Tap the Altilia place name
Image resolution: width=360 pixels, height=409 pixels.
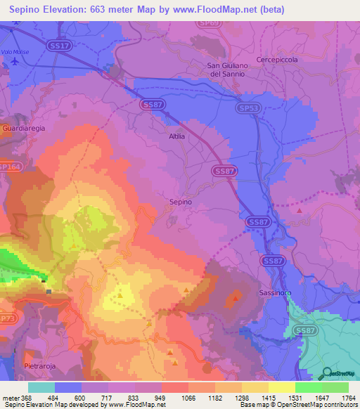176,136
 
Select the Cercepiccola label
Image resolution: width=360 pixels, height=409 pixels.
277,60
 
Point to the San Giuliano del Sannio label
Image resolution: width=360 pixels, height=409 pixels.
226,70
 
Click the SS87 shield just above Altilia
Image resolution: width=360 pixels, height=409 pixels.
153,104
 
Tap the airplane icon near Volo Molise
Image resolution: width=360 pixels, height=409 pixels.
15,61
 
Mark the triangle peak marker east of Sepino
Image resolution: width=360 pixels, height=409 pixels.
300,210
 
